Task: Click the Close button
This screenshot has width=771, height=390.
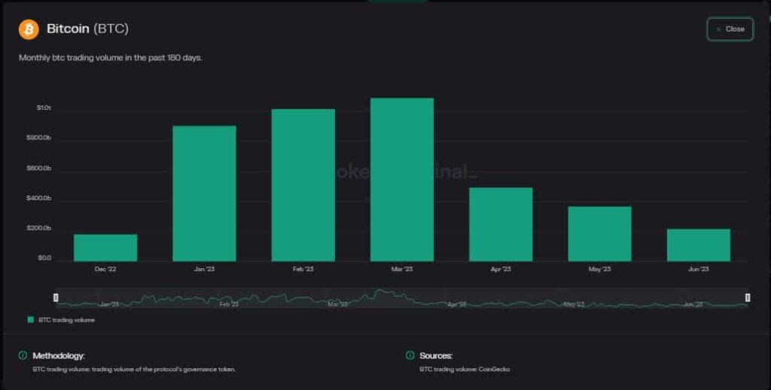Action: click(730, 29)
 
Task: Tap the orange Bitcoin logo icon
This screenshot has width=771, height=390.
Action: click(29, 29)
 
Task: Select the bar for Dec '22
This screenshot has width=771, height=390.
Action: click(105, 248)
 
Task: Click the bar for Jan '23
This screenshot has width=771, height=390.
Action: click(204, 193)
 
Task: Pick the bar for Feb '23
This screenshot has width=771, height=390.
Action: click(303, 185)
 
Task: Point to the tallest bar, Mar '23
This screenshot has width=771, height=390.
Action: click(401, 180)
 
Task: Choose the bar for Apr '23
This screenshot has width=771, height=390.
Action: click(501, 224)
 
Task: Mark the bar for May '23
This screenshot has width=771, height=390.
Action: click(599, 233)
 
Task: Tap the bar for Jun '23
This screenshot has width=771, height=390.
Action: click(698, 245)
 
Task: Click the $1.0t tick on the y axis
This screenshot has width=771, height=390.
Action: click(44, 108)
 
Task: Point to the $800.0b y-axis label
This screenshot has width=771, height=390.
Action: click(39, 139)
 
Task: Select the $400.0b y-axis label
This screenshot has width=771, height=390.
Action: click(39, 198)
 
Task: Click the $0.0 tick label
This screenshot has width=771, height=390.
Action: click(44, 258)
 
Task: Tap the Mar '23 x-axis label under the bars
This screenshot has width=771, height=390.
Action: click(401, 269)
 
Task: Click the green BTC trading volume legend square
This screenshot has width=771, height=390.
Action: click(31, 320)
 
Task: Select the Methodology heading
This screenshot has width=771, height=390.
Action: click(58, 355)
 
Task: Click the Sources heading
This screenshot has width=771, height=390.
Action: click(436, 355)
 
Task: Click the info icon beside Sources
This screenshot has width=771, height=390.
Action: click(410, 355)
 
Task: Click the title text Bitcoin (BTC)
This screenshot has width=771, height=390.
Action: click(87, 29)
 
